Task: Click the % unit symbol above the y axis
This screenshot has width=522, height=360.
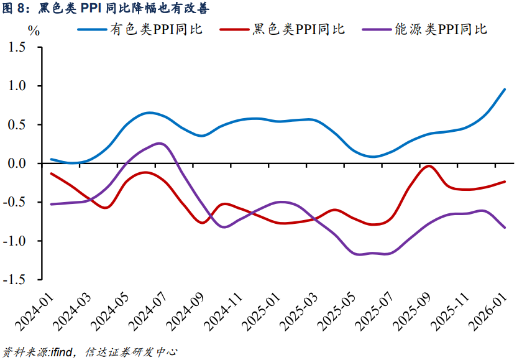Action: [34, 32]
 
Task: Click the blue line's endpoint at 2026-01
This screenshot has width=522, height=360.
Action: [504, 90]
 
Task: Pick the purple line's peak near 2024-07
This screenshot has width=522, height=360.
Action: [158, 144]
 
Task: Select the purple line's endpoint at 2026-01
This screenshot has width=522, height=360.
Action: [504, 228]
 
